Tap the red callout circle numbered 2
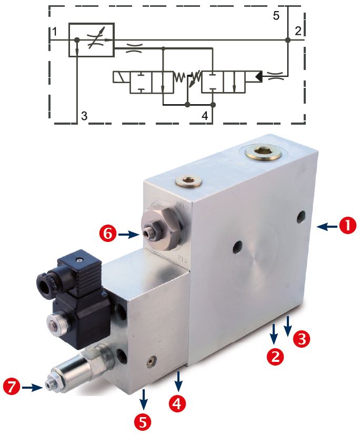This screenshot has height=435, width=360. [275, 356]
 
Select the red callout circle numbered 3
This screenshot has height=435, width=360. [301, 339]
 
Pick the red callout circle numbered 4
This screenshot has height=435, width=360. [177, 403]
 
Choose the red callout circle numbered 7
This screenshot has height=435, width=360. [12, 387]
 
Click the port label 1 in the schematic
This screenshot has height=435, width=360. [55, 32]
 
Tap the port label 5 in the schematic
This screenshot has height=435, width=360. [276, 16]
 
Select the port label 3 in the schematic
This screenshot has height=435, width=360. [84, 116]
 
